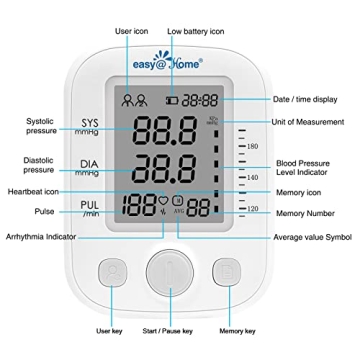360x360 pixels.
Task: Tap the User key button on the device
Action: tap(115, 275)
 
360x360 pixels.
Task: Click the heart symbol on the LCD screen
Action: tap(164, 201)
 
